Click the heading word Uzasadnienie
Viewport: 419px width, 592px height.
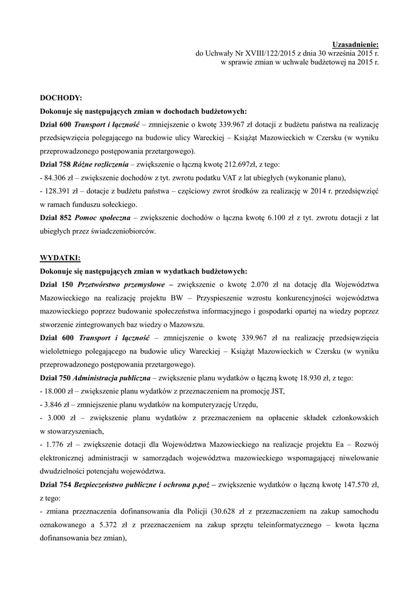[x=355, y=44]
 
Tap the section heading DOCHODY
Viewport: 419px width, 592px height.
[x=61, y=99]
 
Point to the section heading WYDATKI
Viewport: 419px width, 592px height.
[x=60, y=257]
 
